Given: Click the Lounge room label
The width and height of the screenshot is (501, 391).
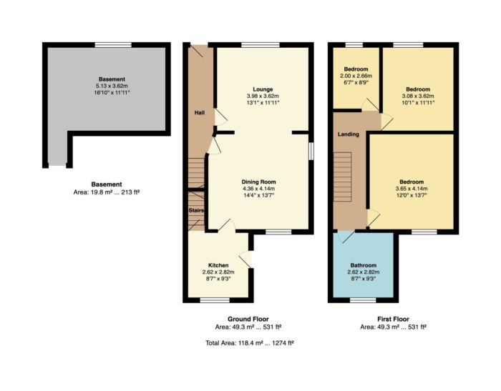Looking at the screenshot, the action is (263, 89).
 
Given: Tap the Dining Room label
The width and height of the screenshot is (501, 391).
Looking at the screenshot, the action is (259, 182).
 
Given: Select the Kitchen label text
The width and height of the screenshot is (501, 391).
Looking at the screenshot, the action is (218, 265).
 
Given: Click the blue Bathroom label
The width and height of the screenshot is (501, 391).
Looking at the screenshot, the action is (364, 265).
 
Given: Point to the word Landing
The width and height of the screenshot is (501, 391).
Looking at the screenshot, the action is (349, 134).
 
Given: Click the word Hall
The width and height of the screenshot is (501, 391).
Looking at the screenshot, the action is (200, 113).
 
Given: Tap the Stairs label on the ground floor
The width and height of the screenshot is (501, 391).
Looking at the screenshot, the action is (196, 211).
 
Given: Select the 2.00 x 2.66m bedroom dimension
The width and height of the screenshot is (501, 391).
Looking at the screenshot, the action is (356, 76).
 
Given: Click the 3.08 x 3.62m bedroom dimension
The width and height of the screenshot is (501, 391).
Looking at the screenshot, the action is (418, 96).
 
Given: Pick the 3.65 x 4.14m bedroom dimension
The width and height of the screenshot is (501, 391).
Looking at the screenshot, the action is (412, 189).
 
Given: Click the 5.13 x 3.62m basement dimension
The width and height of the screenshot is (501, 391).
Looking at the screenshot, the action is (112, 86).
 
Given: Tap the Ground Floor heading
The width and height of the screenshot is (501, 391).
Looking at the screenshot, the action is (248, 319).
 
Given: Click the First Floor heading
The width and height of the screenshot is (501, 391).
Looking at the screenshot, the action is (394, 319).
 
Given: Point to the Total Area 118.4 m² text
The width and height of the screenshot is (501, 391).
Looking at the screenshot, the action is (250, 343).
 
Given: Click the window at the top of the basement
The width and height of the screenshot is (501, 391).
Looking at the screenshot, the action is (113, 45).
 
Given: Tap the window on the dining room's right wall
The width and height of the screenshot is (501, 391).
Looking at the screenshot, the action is (311, 151).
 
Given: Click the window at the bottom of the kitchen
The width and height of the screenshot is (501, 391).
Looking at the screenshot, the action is (215, 300).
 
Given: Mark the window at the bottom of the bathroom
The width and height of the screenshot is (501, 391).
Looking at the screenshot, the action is (363, 300).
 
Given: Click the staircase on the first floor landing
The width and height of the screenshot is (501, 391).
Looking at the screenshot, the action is (343, 177).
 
